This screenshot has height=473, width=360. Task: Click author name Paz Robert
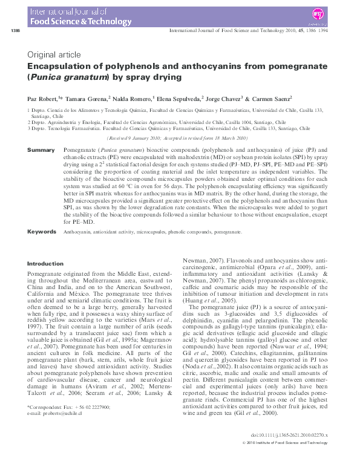point(42,98)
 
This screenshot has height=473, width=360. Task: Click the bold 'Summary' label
point(42,149)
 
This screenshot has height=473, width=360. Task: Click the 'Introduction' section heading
point(45,264)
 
